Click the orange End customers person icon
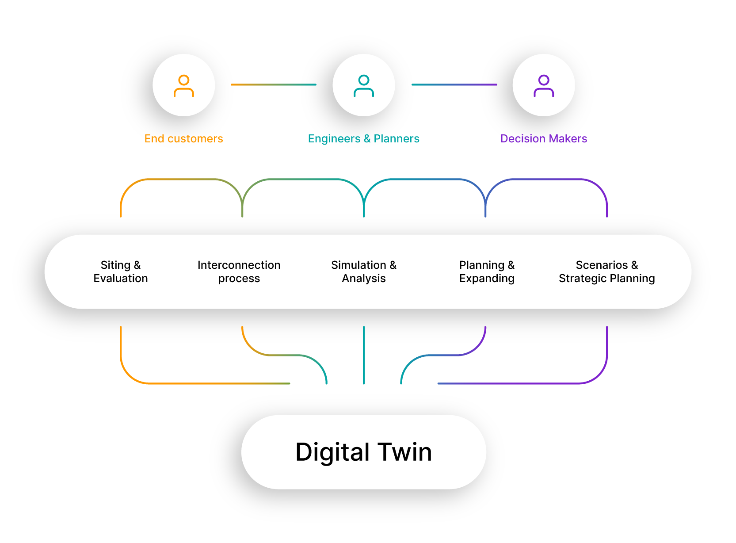184,86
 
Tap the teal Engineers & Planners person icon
364,86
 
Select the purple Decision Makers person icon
544,86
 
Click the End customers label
183,139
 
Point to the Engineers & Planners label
363,139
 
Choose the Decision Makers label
543,139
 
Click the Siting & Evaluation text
121,271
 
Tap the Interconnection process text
239,271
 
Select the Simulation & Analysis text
364,271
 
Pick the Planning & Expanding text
487,271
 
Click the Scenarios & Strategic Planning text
606,271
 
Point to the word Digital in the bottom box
332,452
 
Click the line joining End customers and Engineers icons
274,84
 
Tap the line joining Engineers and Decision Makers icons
454,84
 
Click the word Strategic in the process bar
582,279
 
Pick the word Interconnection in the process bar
239,265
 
